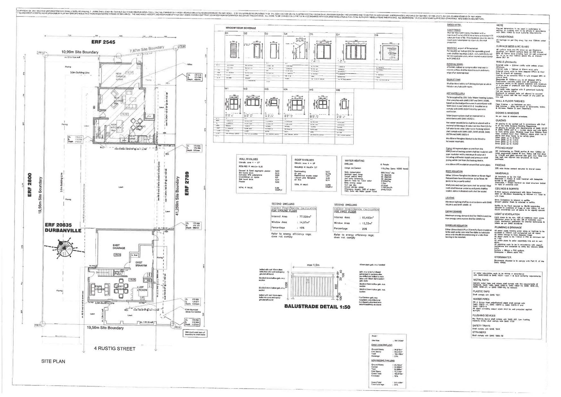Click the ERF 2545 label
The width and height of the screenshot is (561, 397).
(103, 42)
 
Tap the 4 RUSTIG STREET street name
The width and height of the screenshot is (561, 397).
(115, 349)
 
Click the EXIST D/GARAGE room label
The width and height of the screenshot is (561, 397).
(118, 247)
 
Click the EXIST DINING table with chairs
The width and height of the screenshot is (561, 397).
(120, 288)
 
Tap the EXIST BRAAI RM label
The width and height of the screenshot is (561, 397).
(141, 264)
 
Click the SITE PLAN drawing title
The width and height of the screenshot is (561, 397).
(53, 362)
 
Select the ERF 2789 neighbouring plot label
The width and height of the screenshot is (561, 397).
(187, 183)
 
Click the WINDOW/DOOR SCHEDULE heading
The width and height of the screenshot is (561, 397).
(241, 28)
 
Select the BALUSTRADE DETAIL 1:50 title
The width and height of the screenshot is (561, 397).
(317, 307)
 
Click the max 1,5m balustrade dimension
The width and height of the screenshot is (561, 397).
(313, 265)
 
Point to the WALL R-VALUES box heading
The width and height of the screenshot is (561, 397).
(248, 159)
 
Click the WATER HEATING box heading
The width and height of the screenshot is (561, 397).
(354, 161)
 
